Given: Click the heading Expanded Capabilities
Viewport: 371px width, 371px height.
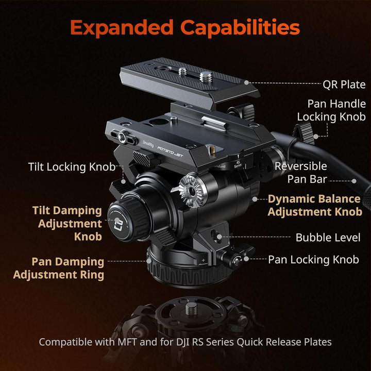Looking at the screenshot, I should (185, 27).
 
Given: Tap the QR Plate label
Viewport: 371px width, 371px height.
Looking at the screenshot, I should (344, 85).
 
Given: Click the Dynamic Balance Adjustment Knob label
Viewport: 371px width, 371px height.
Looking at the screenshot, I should (314, 205).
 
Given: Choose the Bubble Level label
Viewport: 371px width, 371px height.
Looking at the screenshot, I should (328, 238).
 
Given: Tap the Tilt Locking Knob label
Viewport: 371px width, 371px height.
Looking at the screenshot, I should (72, 167).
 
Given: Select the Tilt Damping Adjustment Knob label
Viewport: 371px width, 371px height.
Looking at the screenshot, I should (67, 224).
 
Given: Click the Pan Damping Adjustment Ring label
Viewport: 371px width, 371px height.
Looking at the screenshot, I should (59, 268).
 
